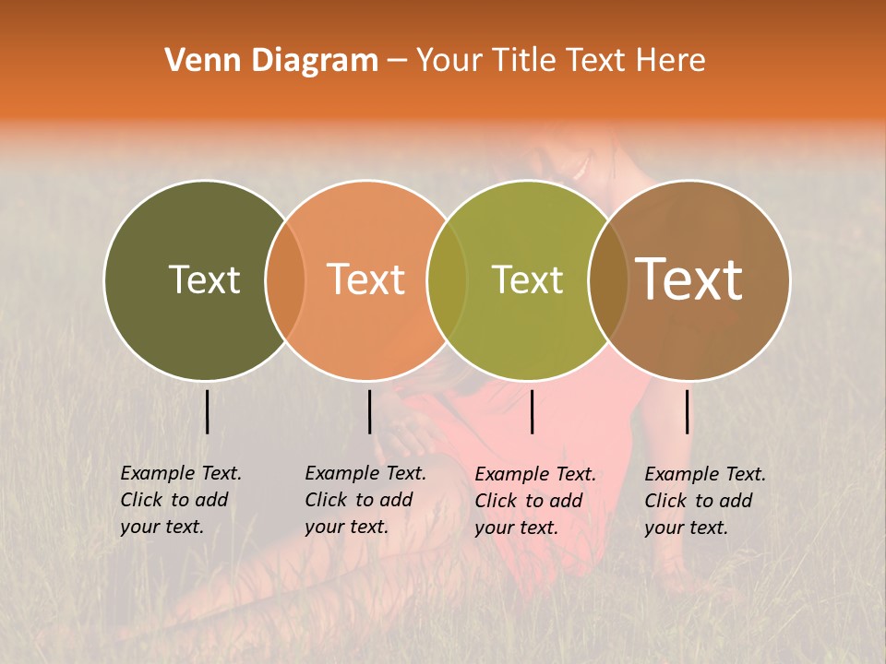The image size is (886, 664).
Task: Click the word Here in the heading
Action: pyautogui.click(x=672, y=60)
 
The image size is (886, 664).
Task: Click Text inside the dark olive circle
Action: pyautogui.click(x=204, y=279)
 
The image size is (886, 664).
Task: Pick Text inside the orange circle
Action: pyautogui.click(x=366, y=279)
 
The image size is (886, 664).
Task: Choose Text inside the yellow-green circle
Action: pyautogui.click(x=528, y=279)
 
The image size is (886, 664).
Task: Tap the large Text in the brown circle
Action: pyautogui.click(x=689, y=279)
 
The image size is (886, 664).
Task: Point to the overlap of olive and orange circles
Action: pyautogui.click(x=285, y=279)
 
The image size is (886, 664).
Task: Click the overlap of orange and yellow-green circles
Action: pyautogui.click(x=448, y=279)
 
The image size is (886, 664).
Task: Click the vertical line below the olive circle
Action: pyautogui.click(x=208, y=411)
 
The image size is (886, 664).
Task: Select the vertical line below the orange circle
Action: pyautogui.click(x=369, y=411)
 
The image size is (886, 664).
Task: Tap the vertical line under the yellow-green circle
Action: pyautogui.click(x=533, y=411)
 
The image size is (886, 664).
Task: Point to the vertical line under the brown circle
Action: pyautogui.click(x=688, y=411)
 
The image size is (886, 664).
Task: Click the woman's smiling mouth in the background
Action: pyautogui.click(x=580, y=168)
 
